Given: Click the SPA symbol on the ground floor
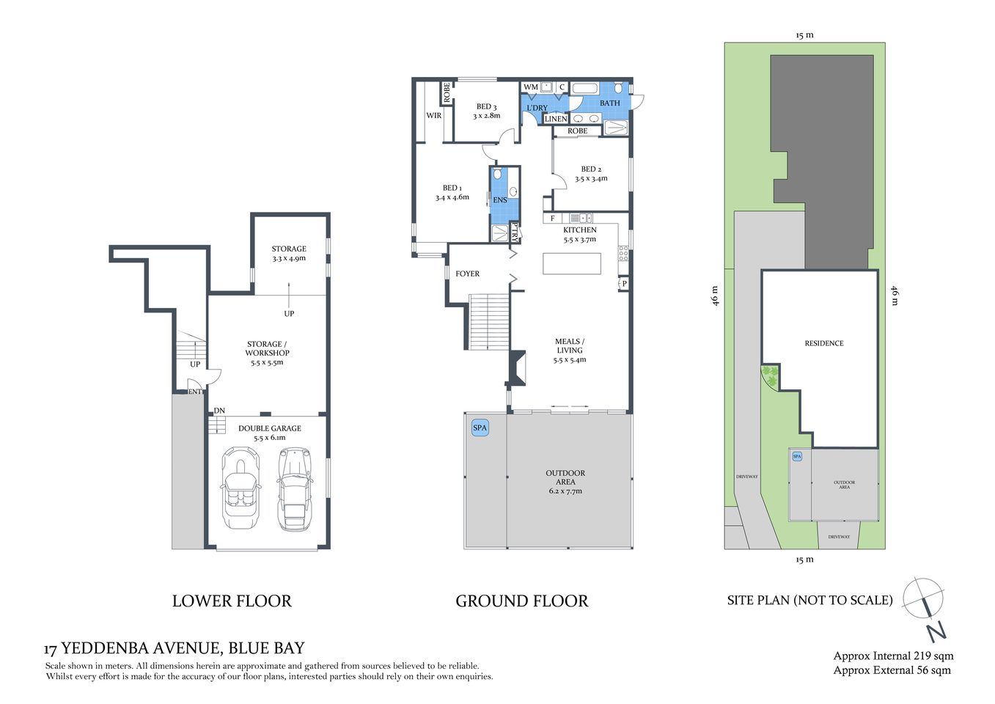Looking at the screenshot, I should tap(480, 428).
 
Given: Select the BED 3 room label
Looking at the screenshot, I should tap(486, 107).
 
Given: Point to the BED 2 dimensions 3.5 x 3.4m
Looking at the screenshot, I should tap(591, 179).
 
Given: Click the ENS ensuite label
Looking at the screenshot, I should tap(500, 200).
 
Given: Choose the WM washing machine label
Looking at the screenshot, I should tap(531, 87).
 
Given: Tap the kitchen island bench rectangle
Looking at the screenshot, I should tap(572, 263).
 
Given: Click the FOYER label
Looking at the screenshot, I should tap(467, 274).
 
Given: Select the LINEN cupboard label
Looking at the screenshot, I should tap(556, 119).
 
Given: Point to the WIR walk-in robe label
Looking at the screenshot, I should tap(434, 115).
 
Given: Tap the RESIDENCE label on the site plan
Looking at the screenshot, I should tap(823, 343).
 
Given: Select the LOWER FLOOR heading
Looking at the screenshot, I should tap(232, 601).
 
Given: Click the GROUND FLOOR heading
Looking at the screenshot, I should tap(521, 601).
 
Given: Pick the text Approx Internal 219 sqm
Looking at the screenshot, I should tap(893, 656).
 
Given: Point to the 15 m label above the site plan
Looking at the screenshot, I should tap(804, 35).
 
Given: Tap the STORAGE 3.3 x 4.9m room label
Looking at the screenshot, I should tap(289, 253).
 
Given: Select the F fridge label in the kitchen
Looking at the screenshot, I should tap(552, 219).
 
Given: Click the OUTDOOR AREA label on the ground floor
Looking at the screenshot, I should tap(565, 477).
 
